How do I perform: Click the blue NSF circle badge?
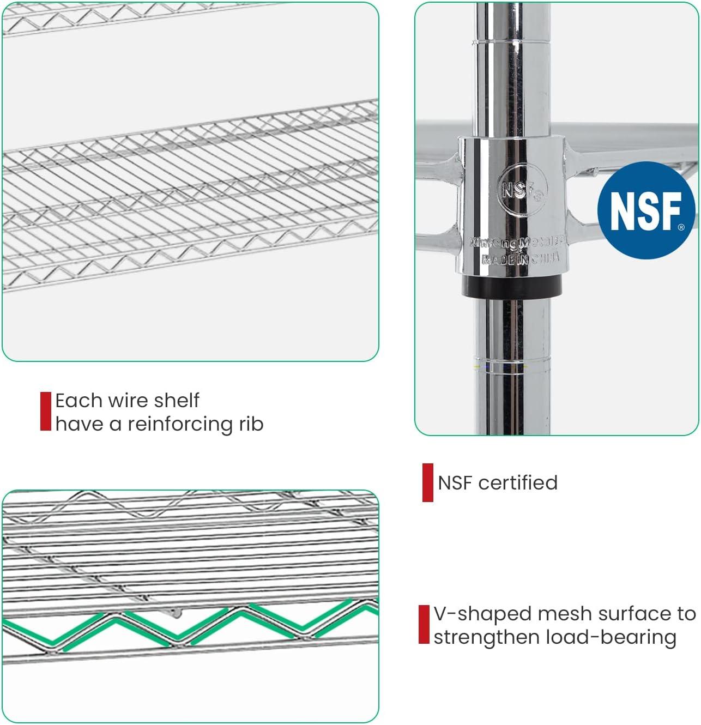pyautogui.click(x=645, y=210)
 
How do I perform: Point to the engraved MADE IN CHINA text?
pyautogui.click(x=521, y=259)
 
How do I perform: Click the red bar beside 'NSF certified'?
pyautogui.click(x=428, y=482)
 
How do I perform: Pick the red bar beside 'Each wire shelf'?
pyautogui.click(x=46, y=411)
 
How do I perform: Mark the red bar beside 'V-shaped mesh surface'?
pyautogui.click(x=424, y=625)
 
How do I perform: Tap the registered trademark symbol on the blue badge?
pyautogui.click(x=681, y=227)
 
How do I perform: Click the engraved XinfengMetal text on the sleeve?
pyautogui.click(x=517, y=243)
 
